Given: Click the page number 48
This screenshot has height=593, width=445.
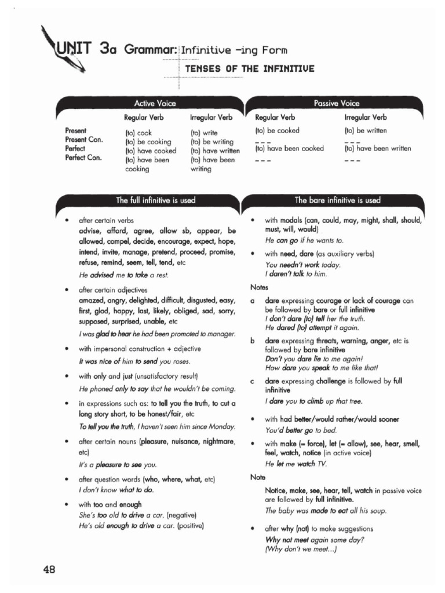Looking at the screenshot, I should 49,569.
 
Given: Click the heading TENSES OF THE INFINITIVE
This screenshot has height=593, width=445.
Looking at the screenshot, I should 250,69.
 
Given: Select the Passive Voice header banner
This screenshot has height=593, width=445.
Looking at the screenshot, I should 336,103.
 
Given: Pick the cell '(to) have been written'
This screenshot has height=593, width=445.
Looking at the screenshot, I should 378,148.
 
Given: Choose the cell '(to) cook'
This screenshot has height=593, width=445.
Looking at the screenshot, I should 138,133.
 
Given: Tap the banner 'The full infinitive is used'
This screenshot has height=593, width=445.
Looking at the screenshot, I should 155,200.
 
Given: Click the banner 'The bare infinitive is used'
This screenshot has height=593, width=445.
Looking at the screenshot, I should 337,200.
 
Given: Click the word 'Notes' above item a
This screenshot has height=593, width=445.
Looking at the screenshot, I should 259,287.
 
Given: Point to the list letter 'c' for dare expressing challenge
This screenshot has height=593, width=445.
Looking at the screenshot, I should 253,381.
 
